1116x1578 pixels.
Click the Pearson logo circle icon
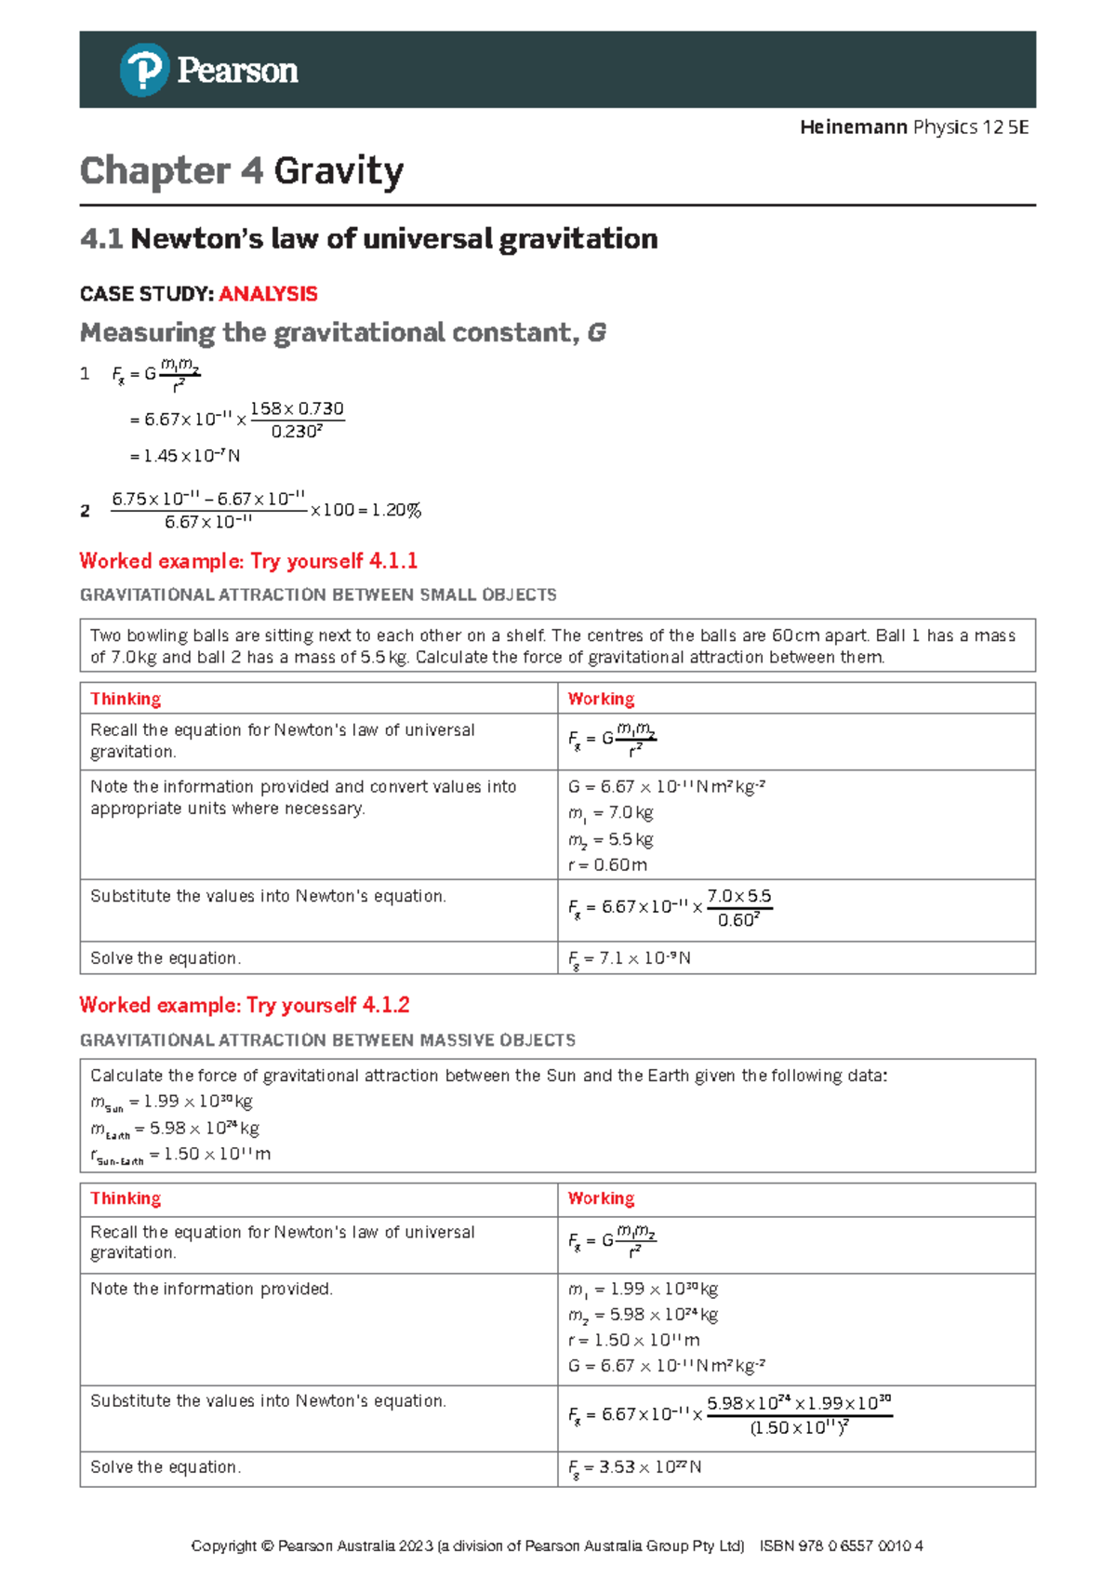pyautogui.click(x=144, y=70)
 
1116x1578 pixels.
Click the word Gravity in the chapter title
pyautogui.click(x=339, y=171)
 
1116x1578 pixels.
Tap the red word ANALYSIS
pyautogui.click(x=268, y=294)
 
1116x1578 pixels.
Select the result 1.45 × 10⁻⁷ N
pyautogui.click(x=185, y=456)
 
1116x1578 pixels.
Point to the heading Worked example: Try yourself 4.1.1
pyautogui.click(x=248, y=561)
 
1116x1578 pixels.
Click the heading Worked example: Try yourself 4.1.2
pyautogui.click(x=245, y=1005)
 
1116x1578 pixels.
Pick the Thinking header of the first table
pyautogui.click(x=126, y=699)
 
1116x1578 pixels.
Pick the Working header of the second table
pyautogui.click(x=601, y=1198)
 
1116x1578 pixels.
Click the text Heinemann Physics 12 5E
pyautogui.click(x=913, y=127)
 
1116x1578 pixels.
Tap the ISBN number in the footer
pyautogui.click(x=841, y=1546)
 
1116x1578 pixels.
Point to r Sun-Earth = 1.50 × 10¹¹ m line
pyautogui.click(x=180, y=1155)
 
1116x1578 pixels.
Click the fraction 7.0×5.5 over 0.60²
pyautogui.click(x=739, y=908)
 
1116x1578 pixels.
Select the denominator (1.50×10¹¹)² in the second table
pyautogui.click(x=799, y=1427)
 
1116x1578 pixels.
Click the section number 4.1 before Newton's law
pyautogui.click(x=101, y=239)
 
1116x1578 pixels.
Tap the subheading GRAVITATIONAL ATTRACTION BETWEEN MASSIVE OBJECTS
pyautogui.click(x=327, y=1040)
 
